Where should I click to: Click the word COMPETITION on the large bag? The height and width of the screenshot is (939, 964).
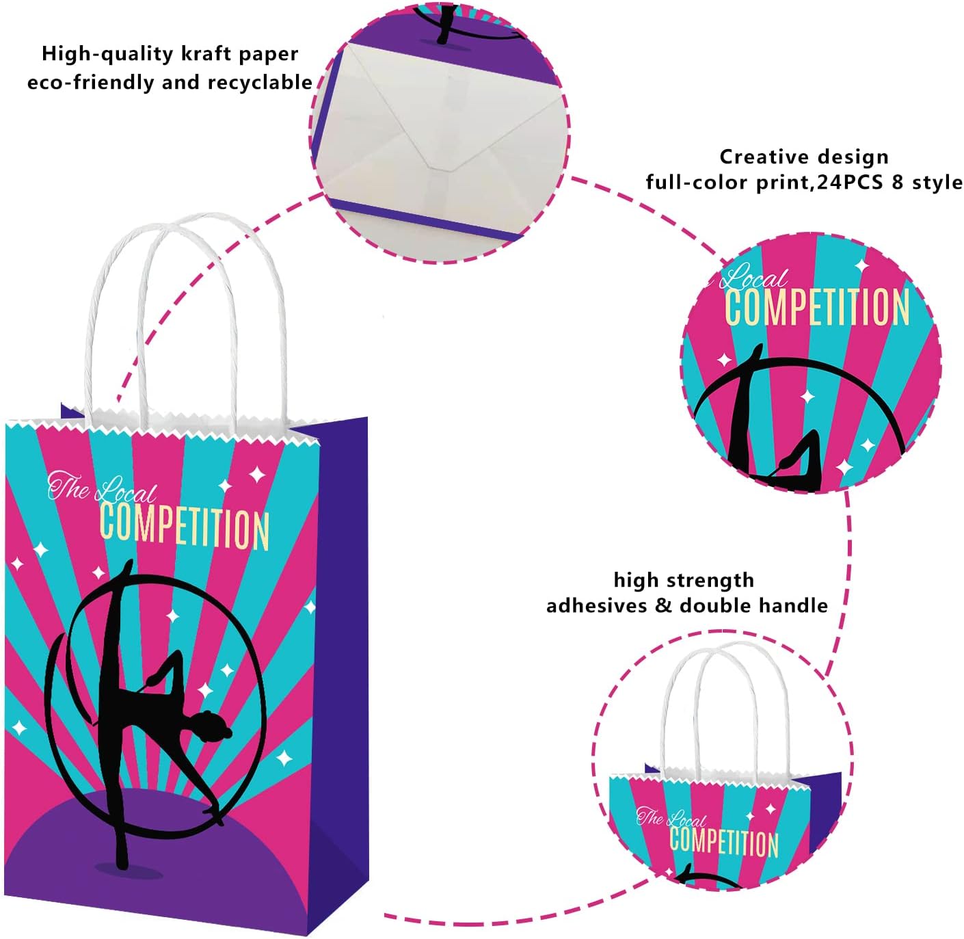coord(185,528)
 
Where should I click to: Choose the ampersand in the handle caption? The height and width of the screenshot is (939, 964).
coord(663,606)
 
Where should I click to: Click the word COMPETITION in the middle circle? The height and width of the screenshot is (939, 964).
coord(817,308)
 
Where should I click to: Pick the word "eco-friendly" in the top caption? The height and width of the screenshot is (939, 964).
coord(84,83)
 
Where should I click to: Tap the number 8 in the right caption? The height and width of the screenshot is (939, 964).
coord(898,183)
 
